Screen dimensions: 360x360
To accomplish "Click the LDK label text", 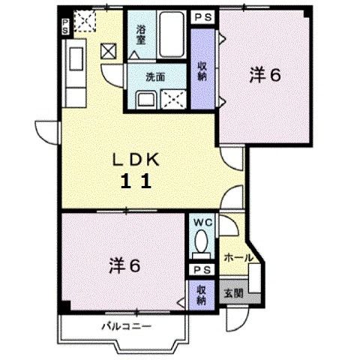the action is pos(136,160).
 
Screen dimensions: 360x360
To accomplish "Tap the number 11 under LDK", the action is pos(136,181).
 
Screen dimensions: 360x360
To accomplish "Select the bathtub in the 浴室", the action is pos(171,34).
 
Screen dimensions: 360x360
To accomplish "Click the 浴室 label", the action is pos(141,35).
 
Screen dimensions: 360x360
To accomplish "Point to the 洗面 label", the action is pos(155,77).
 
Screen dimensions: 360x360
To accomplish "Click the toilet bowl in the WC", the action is pos(201,241).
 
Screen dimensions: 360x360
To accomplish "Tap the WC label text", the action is pos(203,222).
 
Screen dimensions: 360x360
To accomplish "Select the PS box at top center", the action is pos(203,17).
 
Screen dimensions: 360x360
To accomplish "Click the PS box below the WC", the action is pos(202,270).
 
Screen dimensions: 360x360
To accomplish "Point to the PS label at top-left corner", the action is pos(65,26).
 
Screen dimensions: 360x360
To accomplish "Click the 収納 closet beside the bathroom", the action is pos(202,69).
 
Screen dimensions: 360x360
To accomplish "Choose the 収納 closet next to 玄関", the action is pos(202,295).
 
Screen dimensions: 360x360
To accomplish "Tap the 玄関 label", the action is pos(233,293).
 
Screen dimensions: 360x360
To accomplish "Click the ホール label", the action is pos(238,258).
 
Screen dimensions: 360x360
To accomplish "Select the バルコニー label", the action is pos(127,326).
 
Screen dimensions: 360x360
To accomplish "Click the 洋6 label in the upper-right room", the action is pos(265,75).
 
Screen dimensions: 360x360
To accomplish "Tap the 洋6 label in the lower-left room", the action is pos(124,266).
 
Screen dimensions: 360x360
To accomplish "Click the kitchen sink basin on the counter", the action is pos(76,59).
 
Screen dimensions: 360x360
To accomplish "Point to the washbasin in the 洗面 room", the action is pos(146,100).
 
